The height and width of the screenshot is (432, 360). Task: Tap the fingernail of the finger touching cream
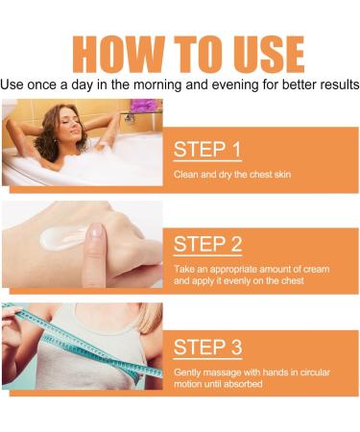[96, 231]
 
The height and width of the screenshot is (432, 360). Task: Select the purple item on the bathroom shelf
[143, 106]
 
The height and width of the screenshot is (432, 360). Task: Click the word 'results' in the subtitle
[332, 84]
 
